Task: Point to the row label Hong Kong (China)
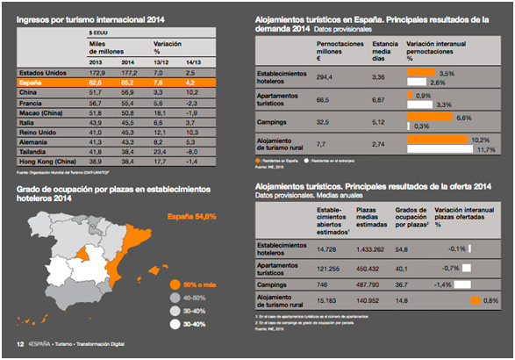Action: tap(45, 162)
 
